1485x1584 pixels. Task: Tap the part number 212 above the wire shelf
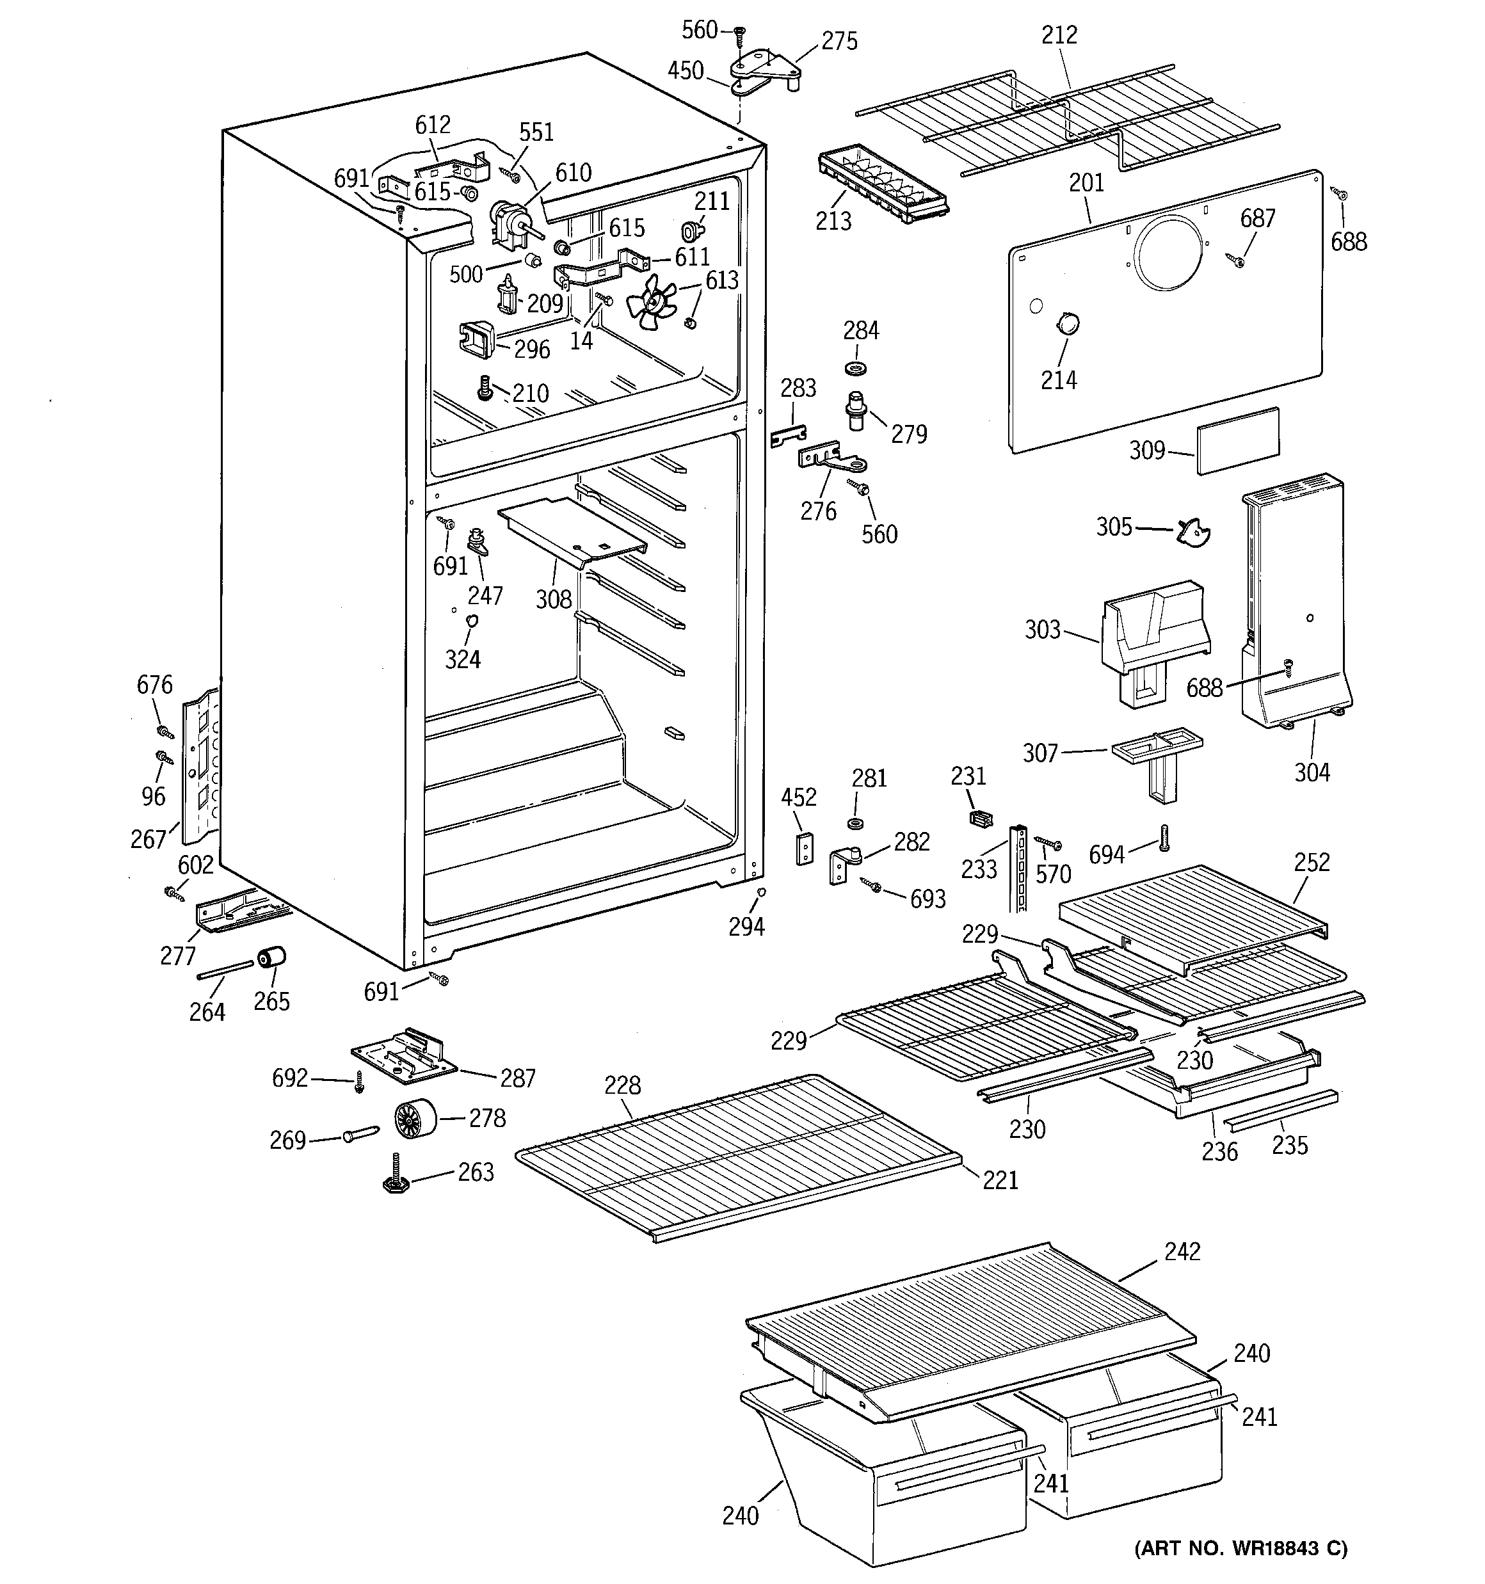click(x=1059, y=35)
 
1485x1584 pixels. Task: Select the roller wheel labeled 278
click(x=415, y=1119)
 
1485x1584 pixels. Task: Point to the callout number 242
click(x=1182, y=1252)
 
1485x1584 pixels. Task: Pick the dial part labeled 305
click(x=1192, y=531)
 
